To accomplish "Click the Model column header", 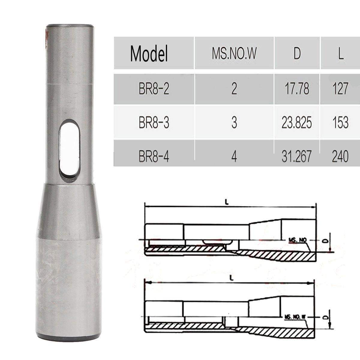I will [x=149, y=54].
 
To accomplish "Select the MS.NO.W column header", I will [x=234, y=54].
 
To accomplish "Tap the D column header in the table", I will [x=297, y=54].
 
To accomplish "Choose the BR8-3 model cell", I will [x=154, y=123].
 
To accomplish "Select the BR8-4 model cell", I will [x=154, y=156].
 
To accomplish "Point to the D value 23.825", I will [x=297, y=123].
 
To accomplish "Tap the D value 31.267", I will [x=297, y=156].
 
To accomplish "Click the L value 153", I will [x=340, y=123].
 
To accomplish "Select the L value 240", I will [x=340, y=156].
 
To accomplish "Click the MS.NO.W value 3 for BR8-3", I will [x=234, y=123].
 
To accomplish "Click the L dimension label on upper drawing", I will [x=227, y=202].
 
